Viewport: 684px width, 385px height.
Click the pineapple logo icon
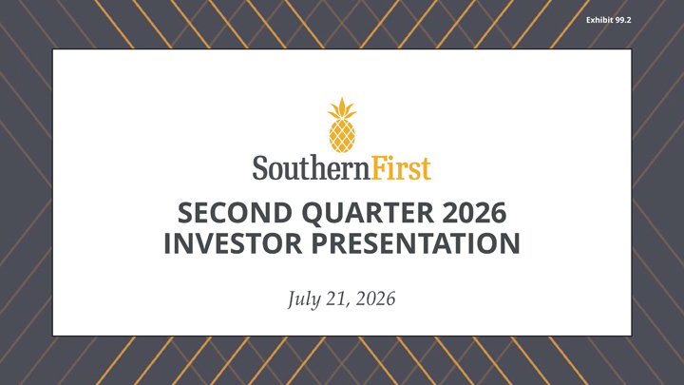pos(342,125)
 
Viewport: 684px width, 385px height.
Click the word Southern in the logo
pos(312,167)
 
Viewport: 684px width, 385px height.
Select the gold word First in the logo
pos(401,167)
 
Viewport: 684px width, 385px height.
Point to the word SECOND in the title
pos(236,213)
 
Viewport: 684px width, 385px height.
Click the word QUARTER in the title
pos(368,213)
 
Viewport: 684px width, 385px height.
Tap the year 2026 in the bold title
pos(474,213)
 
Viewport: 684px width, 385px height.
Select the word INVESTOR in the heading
pos(233,243)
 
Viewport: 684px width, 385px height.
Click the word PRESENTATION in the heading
pos(416,243)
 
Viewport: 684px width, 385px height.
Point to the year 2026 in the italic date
pos(375,299)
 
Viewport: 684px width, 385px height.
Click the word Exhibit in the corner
pos(598,20)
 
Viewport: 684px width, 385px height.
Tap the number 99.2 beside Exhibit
pos(620,20)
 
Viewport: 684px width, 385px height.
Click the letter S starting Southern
pos(259,167)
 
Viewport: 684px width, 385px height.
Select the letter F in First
pos(379,167)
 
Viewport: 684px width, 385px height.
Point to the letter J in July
pos(292,299)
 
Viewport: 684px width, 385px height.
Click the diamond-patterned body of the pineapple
pos(342,136)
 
